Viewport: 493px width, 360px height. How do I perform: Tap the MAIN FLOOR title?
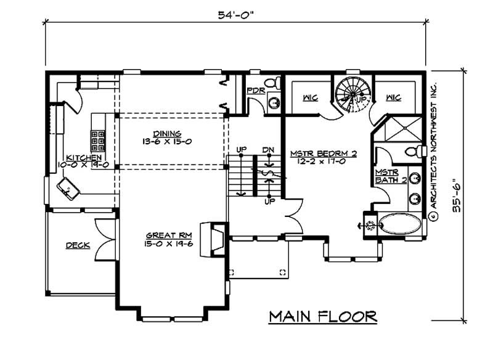pos(324,317)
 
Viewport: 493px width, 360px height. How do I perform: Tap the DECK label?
pos(78,245)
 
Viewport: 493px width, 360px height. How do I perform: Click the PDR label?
pos(255,91)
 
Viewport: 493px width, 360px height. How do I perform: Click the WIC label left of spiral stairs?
pos(310,97)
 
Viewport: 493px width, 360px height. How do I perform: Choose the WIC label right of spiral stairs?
pos(394,97)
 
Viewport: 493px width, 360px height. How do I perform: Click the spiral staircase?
pos(351,95)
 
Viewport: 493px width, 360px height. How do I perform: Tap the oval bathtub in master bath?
pos(400,223)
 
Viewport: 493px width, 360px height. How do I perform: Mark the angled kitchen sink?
pos(67,187)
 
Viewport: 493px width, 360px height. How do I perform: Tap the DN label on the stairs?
pos(268,150)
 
